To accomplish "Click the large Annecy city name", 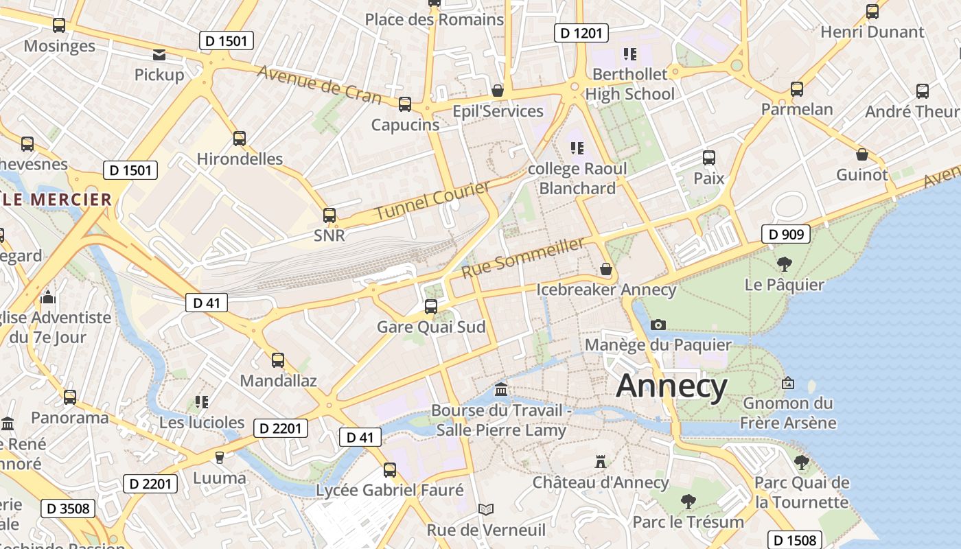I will coord(671,386).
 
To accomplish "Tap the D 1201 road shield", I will coord(581,32).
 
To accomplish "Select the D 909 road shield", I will coord(786,234).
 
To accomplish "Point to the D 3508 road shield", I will coord(67,508).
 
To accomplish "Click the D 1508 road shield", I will coord(796,540).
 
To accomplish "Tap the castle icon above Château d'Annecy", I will coord(601,462).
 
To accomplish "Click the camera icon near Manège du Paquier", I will coord(658,325).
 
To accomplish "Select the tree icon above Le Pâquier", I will coord(784,264).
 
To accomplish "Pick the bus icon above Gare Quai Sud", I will coord(431,306).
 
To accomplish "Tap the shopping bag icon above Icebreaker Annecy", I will coord(606,269).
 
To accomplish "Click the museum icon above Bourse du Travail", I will coord(501,390).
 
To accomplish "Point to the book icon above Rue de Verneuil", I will coord(486,509).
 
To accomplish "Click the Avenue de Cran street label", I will coord(319,84).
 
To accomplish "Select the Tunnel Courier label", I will coord(432,200).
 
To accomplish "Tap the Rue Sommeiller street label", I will coord(523,257).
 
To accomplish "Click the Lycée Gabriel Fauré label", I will coord(390,491).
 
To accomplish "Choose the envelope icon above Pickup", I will coord(159,55).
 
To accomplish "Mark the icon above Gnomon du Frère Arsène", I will coord(788,383).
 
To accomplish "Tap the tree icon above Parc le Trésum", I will coord(688,502).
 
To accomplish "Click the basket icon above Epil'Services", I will coord(498,91).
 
